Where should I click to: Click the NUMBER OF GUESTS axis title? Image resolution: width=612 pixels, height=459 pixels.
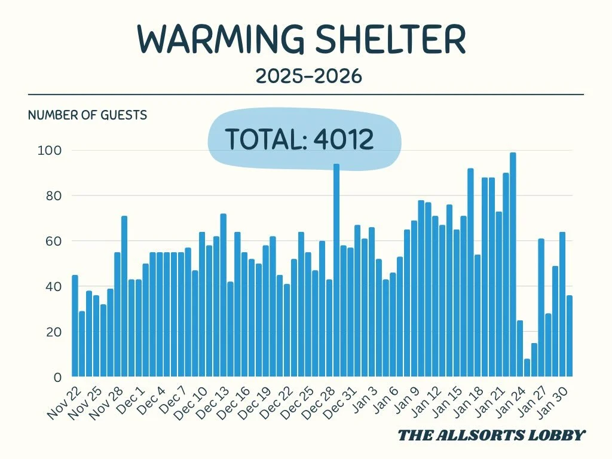[87, 115]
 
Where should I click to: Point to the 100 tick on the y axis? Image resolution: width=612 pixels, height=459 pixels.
[50, 151]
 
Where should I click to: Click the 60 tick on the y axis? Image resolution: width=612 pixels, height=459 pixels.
[53, 241]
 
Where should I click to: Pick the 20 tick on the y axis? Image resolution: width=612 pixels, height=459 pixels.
[53, 332]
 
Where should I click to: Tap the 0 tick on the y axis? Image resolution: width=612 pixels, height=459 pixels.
[57, 378]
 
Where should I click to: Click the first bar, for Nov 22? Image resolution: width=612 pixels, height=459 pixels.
[75, 326]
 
